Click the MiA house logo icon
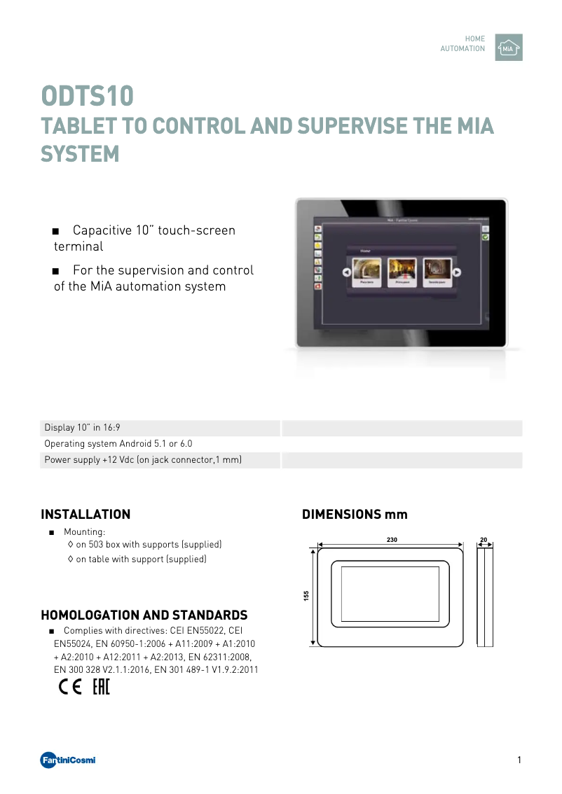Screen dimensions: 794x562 (x=508, y=48)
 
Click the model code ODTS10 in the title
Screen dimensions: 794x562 (x=87, y=96)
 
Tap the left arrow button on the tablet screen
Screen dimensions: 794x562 (x=346, y=272)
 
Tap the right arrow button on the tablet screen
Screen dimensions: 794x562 (x=456, y=272)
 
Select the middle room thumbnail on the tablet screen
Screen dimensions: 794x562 (x=402, y=272)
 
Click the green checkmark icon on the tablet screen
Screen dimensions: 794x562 (x=485, y=238)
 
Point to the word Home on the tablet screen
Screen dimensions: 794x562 (x=365, y=250)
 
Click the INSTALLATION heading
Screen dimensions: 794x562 (x=85, y=515)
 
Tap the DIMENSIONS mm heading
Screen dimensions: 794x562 (x=355, y=515)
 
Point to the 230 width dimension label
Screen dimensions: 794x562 (x=391, y=540)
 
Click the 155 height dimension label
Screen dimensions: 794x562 (x=306, y=595)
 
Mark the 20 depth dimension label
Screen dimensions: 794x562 (x=484, y=540)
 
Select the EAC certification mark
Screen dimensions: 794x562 (x=102, y=688)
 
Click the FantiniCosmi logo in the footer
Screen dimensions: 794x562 (x=68, y=760)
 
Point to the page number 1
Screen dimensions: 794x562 (x=519, y=760)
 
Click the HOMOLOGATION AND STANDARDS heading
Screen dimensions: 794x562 (x=144, y=615)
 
